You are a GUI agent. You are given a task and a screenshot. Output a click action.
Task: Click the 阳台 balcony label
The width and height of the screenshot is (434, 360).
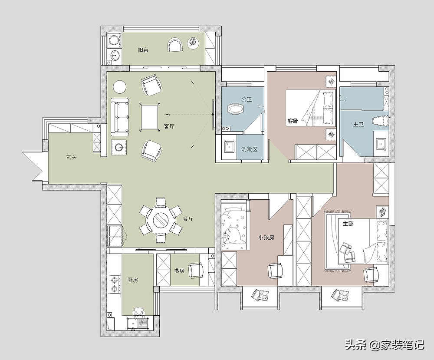point(143,50)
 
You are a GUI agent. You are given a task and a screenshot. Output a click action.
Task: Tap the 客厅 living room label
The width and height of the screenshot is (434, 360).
point(169,126)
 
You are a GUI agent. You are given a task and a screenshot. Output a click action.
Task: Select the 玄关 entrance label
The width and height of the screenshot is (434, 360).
point(71,157)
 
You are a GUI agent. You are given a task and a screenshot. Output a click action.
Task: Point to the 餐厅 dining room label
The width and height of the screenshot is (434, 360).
point(188,219)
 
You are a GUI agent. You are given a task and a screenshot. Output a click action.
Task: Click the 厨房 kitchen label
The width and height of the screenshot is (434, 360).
point(132,280)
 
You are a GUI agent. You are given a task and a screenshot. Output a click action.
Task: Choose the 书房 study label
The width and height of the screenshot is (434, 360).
point(179,271)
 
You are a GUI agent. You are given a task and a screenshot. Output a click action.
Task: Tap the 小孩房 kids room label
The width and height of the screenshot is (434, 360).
point(266,238)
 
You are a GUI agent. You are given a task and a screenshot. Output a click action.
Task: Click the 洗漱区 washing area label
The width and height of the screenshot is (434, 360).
point(250,149)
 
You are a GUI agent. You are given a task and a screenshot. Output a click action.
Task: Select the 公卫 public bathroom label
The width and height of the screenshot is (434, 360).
point(247,99)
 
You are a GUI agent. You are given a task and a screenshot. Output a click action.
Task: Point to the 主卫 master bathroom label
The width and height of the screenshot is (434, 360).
point(358,124)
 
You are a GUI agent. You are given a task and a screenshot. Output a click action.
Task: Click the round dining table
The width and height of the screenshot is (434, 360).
point(161,221)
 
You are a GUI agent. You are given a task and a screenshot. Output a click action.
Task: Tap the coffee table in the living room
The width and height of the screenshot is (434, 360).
point(150,116)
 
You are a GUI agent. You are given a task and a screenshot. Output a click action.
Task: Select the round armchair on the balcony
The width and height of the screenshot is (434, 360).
point(175,45)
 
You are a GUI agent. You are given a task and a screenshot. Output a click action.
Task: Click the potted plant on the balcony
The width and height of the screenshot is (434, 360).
point(193,43)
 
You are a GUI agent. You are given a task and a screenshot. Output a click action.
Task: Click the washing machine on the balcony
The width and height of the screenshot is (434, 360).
point(114,40)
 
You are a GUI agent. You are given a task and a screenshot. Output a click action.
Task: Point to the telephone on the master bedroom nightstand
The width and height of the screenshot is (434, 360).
point(382,212)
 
